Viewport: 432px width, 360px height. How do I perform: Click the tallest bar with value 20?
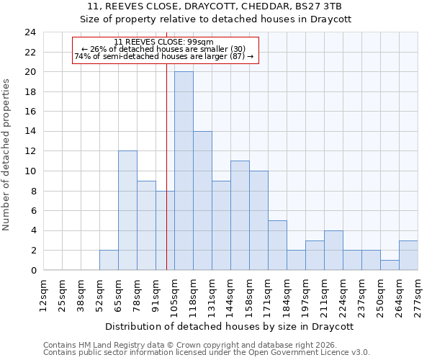184,171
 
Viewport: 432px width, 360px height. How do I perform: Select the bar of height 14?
202,201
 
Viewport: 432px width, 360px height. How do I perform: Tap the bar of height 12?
127,210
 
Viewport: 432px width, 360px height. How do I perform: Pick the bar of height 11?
240,215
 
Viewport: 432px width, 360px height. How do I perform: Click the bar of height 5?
277,245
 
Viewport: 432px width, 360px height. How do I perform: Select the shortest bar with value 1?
390,265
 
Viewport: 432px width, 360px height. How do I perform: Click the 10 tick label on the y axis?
30,171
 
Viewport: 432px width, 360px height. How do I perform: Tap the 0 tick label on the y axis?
32,271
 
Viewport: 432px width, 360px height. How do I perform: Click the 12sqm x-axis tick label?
43,296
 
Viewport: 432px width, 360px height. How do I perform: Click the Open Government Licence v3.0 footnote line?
206,353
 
